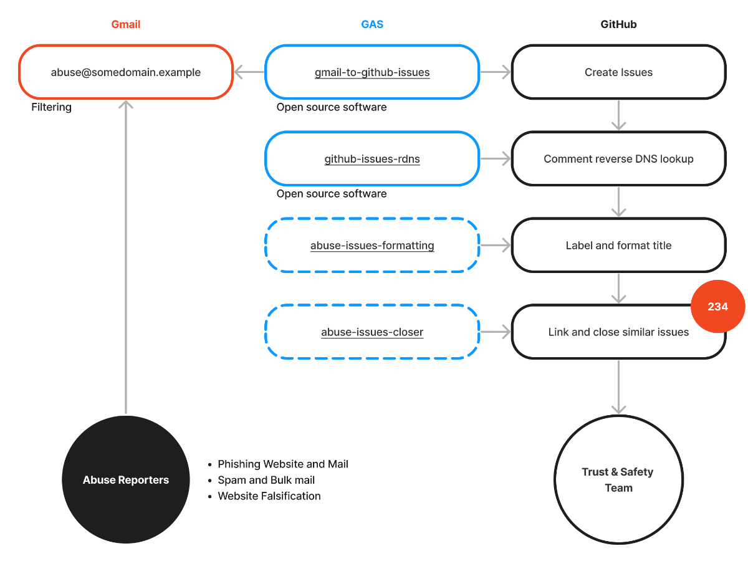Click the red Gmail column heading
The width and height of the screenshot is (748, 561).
(126, 25)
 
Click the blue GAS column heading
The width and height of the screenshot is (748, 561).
(372, 25)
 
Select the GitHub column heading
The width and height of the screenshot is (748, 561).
(618, 25)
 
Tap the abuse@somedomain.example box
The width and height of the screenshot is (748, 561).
(126, 72)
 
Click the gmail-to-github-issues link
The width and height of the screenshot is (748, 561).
(372, 72)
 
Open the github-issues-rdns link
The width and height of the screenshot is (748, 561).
(372, 159)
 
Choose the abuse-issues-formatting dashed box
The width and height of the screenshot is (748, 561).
(372, 246)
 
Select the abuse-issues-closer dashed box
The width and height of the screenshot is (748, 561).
(372, 332)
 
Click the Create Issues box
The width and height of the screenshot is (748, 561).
(618, 72)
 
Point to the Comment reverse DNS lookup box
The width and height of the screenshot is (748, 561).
(618, 159)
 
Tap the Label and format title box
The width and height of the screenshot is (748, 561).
(618, 246)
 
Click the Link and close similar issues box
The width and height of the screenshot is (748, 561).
(618, 332)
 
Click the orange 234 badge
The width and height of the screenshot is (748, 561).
(717, 307)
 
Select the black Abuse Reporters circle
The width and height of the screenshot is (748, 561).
(126, 480)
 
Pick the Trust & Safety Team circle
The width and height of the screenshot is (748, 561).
(618, 480)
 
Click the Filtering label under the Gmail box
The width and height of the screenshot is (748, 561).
(52, 107)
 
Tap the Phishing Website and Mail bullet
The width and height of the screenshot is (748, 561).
(282, 464)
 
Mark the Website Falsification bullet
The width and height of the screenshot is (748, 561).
(269, 496)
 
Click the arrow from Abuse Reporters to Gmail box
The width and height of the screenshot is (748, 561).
(126, 262)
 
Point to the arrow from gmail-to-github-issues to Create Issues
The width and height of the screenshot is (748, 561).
(496, 72)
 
